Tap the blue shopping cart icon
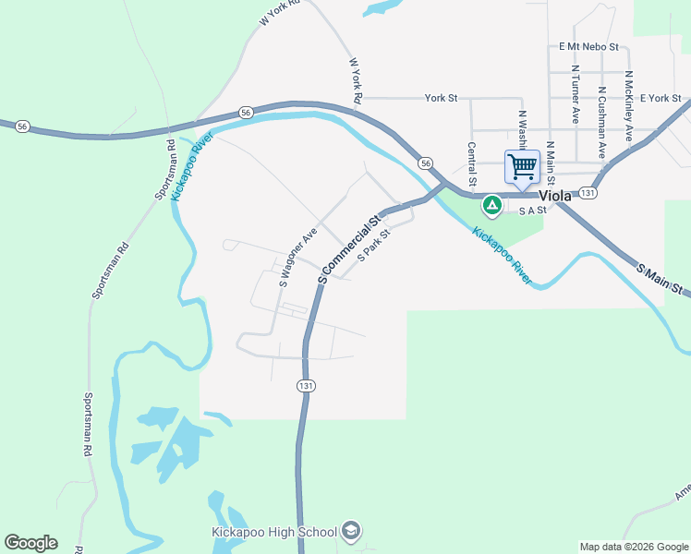coord(522,167)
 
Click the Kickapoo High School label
coord(273,532)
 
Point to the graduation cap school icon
coord(351,531)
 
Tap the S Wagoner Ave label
coord(298,257)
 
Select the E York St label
coord(660,98)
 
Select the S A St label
coord(533,211)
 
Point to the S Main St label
coord(662,279)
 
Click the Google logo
coord(30,543)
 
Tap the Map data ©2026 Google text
coord(633,547)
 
